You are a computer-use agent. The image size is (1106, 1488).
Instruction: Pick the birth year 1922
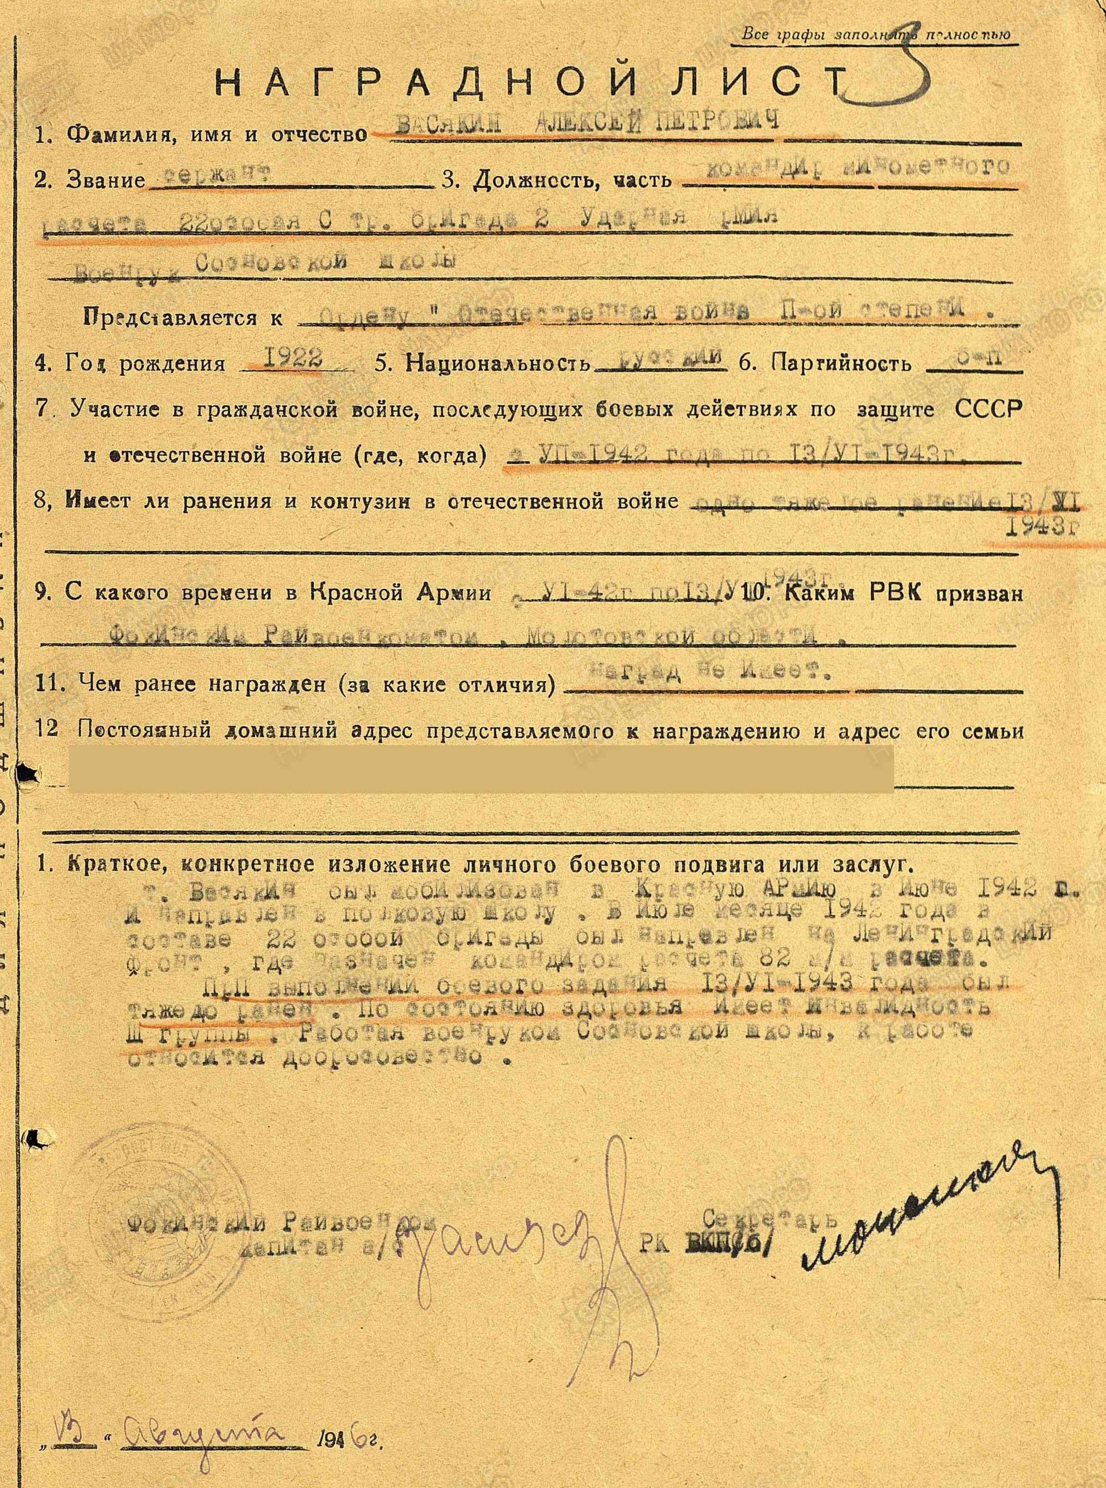click(x=292, y=360)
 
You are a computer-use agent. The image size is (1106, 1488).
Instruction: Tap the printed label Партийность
click(x=842, y=363)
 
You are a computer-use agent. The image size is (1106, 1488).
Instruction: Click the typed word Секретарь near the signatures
click(x=760, y=1196)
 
